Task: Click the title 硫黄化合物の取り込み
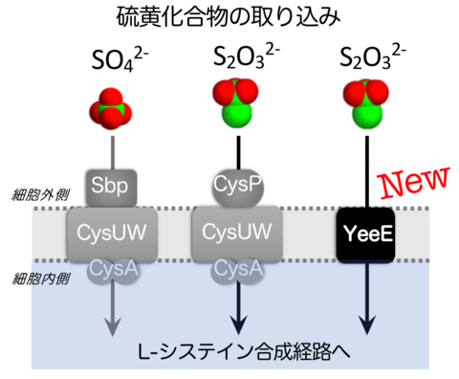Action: click(229, 18)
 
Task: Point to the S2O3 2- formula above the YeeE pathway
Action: click(369, 64)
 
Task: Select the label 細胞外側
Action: click(32, 191)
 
